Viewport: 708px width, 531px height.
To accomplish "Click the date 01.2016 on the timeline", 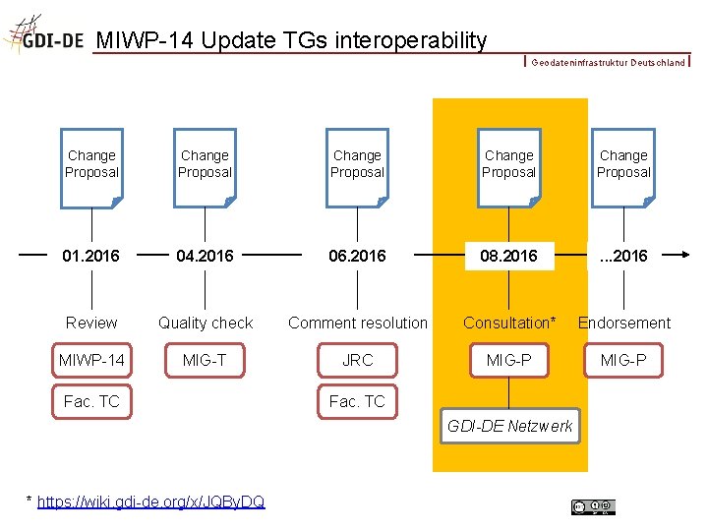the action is (90, 256).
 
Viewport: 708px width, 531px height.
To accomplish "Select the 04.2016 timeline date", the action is (205, 256).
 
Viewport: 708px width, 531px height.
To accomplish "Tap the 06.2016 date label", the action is (357, 256).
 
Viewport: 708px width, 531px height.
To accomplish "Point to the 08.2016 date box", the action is (508, 256).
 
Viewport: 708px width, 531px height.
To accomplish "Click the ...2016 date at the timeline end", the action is (622, 256).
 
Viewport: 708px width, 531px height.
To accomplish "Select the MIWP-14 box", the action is (91, 360).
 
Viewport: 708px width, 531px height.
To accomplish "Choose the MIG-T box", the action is (205, 360).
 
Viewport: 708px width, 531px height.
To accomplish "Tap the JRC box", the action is (357, 360).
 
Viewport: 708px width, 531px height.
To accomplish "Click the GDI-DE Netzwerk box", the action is (509, 426).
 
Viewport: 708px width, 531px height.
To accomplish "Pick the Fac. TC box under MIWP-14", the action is (91, 401).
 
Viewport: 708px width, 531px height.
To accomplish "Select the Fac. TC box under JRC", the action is (357, 401).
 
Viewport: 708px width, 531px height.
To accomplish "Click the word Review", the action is (91, 323).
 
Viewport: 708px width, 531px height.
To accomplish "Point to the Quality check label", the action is (206, 323).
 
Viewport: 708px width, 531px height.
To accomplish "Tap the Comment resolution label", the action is (358, 323).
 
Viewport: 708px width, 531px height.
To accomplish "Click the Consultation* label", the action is (509, 323).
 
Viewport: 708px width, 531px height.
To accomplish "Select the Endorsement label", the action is (624, 323).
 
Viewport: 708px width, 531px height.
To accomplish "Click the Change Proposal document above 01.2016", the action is (91, 166).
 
